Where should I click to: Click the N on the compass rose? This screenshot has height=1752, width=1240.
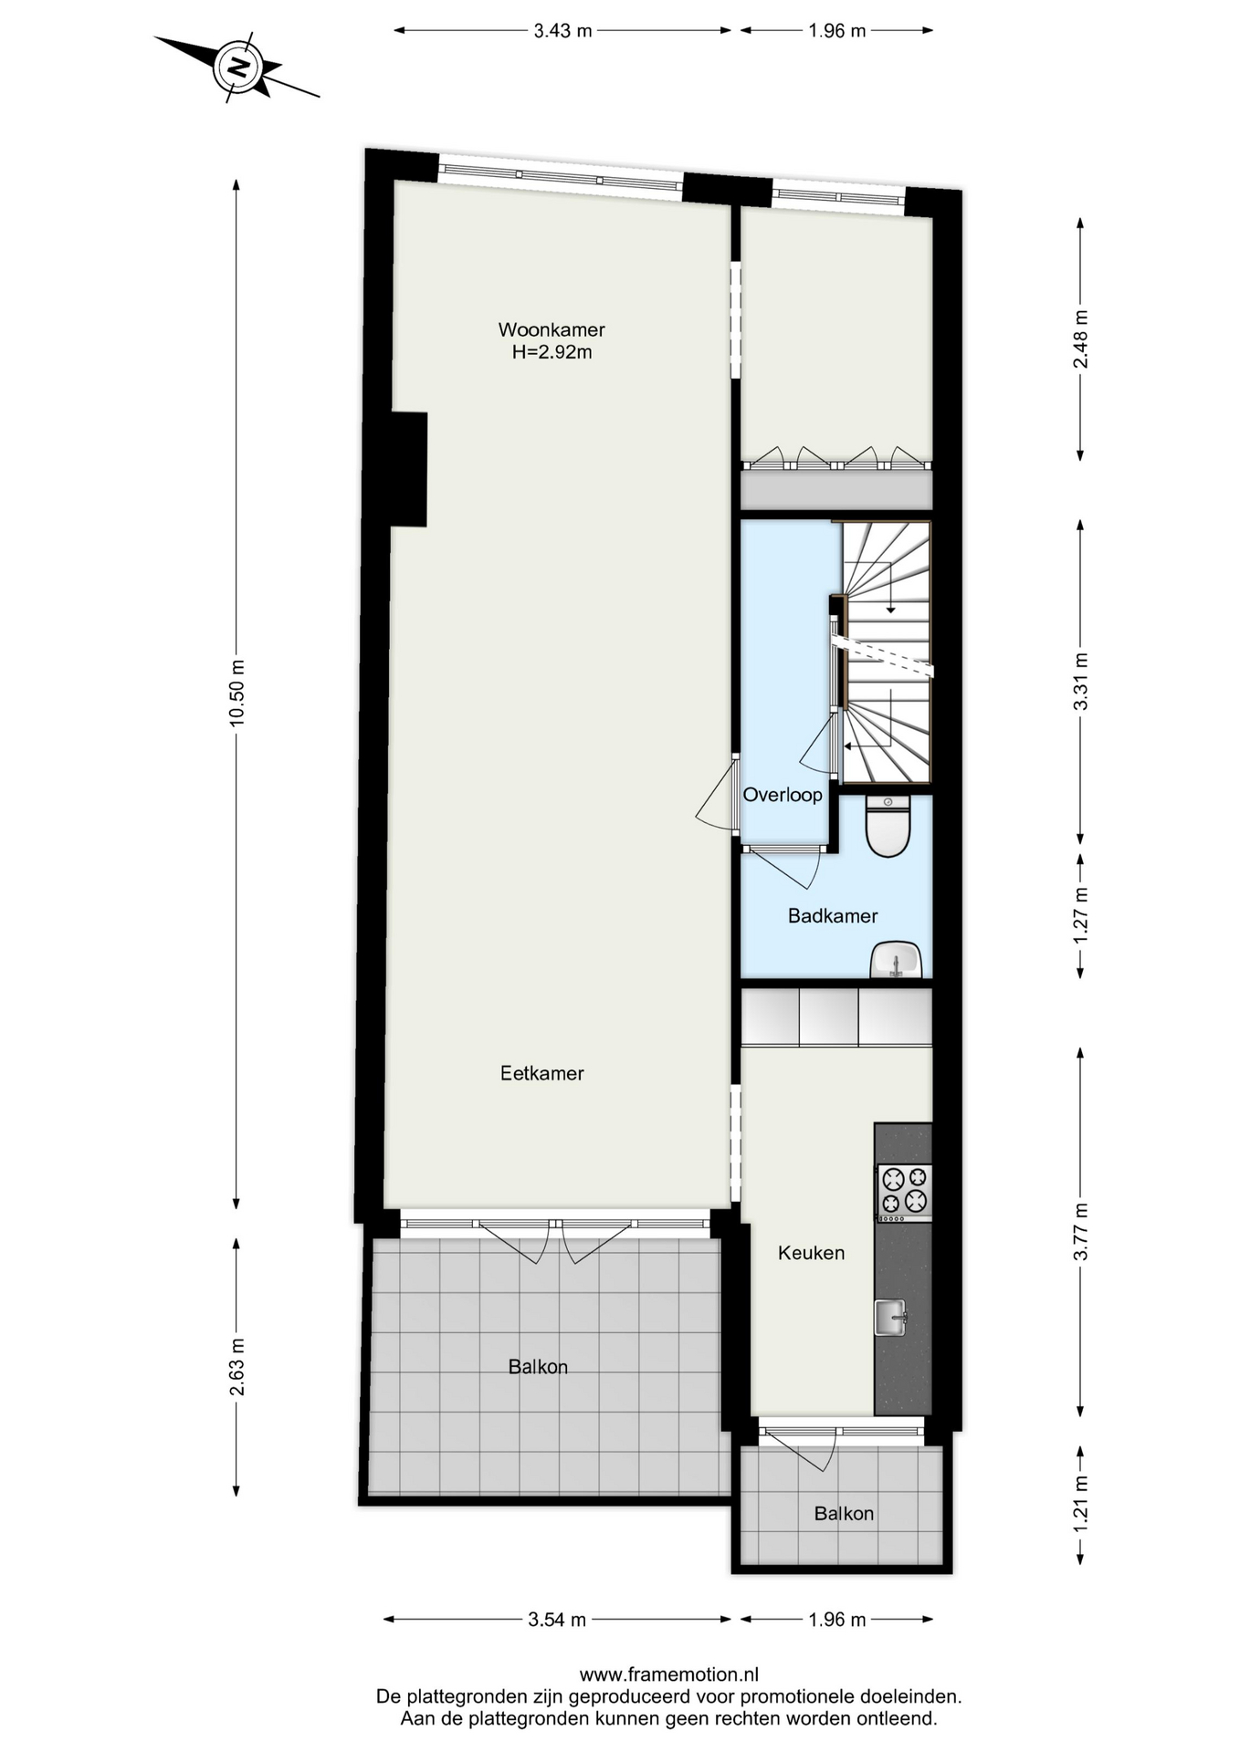coord(238,67)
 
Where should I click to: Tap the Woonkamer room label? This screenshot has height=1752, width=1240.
coord(552,329)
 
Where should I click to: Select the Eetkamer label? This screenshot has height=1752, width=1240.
coord(542,1073)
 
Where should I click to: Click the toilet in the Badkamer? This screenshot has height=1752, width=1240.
coord(888,826)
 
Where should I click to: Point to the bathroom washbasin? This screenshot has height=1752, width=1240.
coord(896,960)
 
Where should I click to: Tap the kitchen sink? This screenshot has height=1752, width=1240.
coord(890,1317)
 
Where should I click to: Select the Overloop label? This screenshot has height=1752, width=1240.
coord(783,795)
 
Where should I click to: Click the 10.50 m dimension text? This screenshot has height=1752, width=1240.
coord(236,693)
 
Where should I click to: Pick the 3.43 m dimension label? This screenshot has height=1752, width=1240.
coord(562,31)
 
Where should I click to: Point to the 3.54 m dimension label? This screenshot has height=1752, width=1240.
coord(557,1620)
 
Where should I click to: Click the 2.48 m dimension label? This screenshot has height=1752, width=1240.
coord(1080,339)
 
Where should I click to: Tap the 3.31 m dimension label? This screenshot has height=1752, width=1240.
coord(1080,682)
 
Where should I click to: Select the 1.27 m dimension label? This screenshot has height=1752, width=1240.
coord(1080,916)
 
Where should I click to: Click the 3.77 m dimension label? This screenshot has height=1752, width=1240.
coord(1080,1231)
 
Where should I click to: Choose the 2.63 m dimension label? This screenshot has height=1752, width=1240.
coord(236,1367)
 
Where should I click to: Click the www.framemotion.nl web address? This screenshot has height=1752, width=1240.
coord(669,1674)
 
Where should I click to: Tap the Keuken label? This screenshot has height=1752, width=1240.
coord(811,1253)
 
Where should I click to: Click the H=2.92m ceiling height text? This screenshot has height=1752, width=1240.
coord(552,352)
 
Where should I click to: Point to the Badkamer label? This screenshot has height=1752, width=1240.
coord(833,915)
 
